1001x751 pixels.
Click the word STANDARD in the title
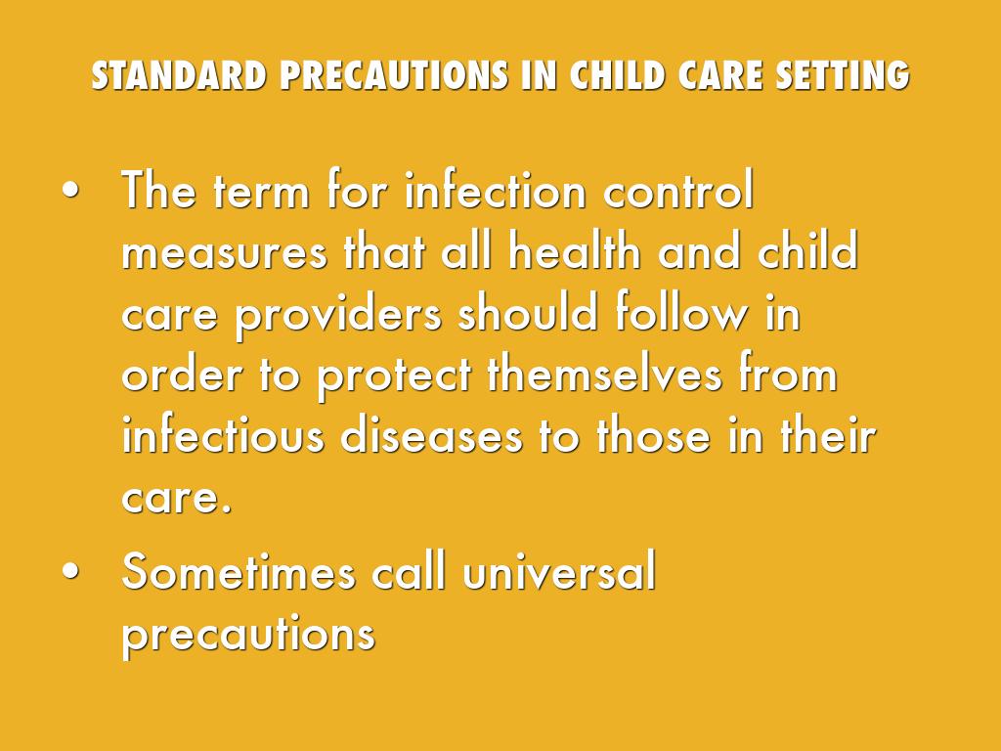click(179, 75)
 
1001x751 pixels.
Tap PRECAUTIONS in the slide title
click(394, 75)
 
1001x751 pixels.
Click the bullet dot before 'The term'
click(70, 191)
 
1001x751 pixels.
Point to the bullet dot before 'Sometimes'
click(70, 571)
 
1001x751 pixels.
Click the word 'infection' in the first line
click(496, 190)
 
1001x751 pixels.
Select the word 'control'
click(678, 190)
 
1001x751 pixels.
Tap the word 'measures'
click(224, 253)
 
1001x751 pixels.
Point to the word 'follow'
click(680, 312)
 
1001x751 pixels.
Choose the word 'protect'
click(394, 376)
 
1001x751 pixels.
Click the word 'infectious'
click(223, 434)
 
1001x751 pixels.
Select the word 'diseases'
click(431, 434)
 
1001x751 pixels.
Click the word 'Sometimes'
click(239, 570)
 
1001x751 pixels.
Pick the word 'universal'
click(559, 570)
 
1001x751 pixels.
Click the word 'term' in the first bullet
click(261, 192)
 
